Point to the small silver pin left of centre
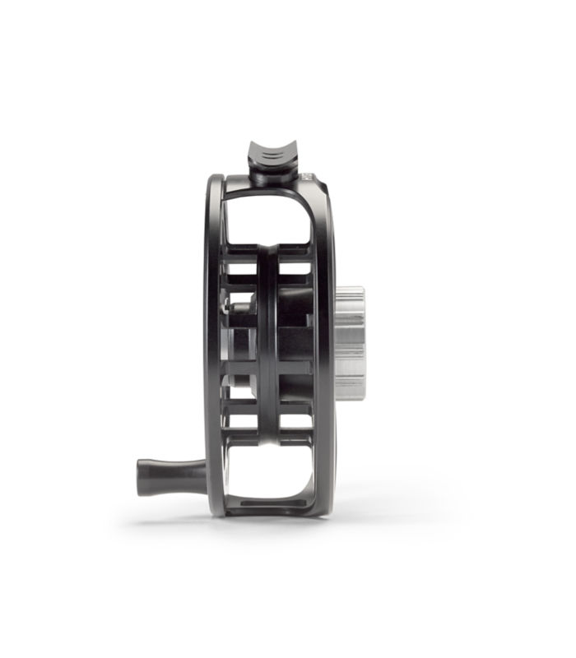tap(239, 306)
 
